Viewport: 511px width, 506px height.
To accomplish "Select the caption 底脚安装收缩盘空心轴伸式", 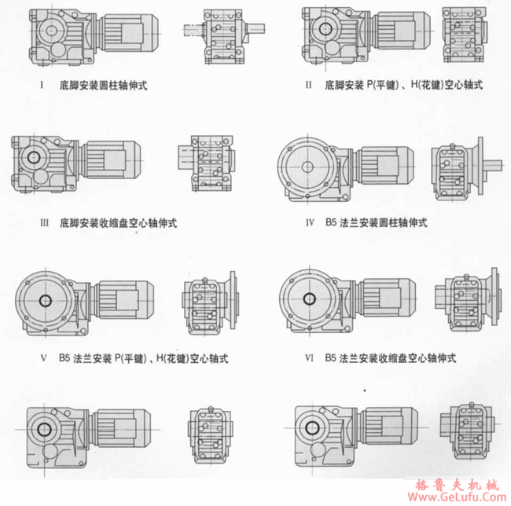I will (118, 222).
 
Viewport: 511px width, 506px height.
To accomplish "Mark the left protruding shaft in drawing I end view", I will (192, 32).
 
